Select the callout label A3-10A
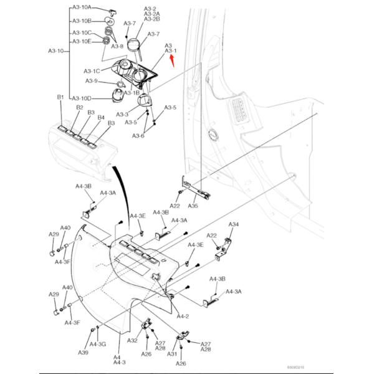(82, 7)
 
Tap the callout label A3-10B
(82, 21)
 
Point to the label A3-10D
(82, 98)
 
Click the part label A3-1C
(92, 71)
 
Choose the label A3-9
(92, 81)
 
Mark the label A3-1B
(132, 93)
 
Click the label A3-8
(117, 46)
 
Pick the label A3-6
(138, 136)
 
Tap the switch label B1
(60, 98)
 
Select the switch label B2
(79, 108)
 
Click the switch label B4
(102, 117)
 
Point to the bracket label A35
(193, 206)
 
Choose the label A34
(234, 224)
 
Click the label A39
(83, 353)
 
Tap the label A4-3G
(98, 344)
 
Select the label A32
(133, 341)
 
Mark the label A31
(171, 353)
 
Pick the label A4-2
(182, 317)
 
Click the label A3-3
(122, 115)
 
